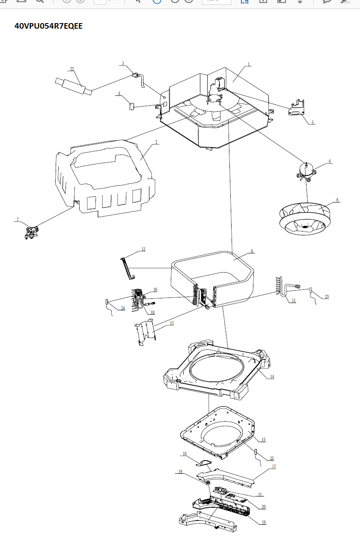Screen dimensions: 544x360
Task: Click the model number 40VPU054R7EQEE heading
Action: (49, 26)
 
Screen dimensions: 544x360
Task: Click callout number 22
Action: (72, 69)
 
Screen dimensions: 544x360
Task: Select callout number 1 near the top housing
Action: (249, 64)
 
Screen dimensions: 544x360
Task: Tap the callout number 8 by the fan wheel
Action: (337, 200)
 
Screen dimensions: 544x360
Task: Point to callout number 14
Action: (272, 377)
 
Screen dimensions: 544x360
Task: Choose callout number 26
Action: (155, 290)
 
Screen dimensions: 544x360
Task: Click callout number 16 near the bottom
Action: (264, 522)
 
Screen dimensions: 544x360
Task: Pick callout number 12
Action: (143, 249)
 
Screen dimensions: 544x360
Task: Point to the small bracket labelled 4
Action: (132, 105)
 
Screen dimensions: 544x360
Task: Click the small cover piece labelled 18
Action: (204, 462)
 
